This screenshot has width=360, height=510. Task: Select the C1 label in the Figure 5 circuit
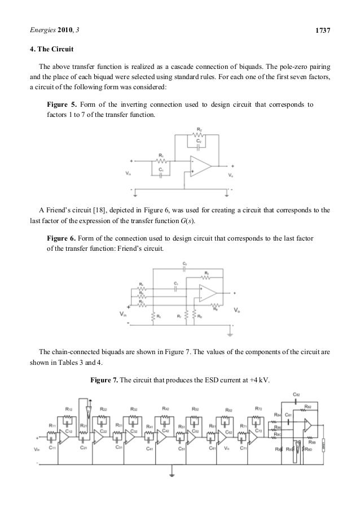pos(161,169)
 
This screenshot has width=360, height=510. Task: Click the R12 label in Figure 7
pos(69,409)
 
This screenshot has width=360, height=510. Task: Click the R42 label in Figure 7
pos(165,409)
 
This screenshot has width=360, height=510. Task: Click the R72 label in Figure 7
pos(258,409)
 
